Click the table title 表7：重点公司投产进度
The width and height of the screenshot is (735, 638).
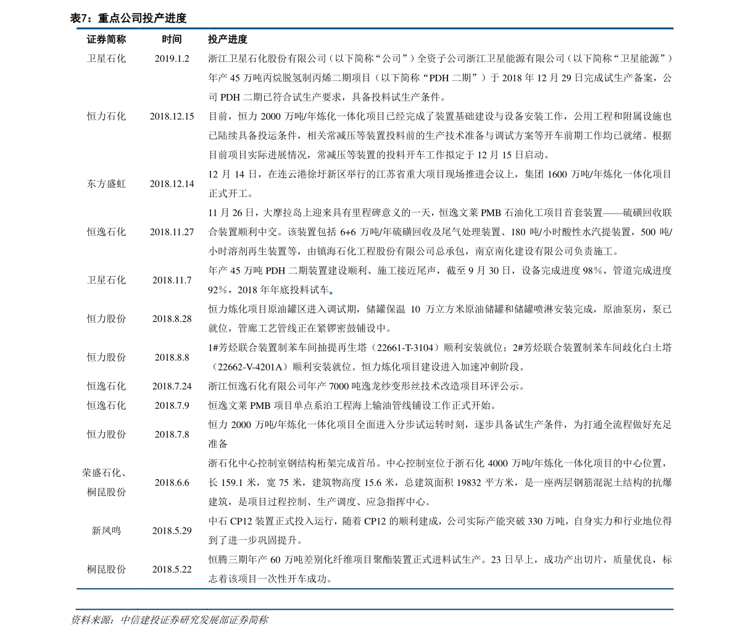click(128, 19)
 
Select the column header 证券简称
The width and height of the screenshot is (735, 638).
click(106, 40)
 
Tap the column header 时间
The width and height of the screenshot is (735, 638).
click(172, 40)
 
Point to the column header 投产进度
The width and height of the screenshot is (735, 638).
click(227, 40)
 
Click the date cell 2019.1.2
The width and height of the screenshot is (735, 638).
click(172, 59)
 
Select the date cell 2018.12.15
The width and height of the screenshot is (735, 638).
click(172, 116)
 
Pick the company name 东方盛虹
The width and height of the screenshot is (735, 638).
click(106, 184)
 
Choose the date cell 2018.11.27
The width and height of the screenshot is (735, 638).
click(172, 232)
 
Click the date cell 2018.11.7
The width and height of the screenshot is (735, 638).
click(172, 280)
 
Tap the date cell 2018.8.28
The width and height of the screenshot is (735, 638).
click(172, 319)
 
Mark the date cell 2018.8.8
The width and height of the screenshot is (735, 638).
click(172, 357)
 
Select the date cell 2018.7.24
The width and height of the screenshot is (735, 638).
click(172, 386)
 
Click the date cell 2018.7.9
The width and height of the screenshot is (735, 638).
click(172, 405)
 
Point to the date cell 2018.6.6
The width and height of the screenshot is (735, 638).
click(172, 482)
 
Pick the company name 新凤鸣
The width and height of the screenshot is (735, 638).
click(106, 531)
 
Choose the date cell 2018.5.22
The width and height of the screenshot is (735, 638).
click(172, 569)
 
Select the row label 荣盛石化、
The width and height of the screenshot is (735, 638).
click(104, 473)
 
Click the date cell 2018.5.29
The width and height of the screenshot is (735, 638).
click(172, 531)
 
